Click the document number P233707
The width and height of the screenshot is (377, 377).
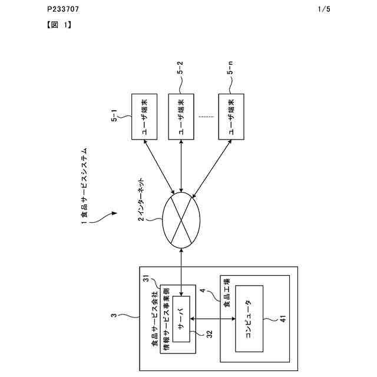(63, 9)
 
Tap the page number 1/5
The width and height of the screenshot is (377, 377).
(324, 9)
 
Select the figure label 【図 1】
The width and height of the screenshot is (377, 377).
(59, 25)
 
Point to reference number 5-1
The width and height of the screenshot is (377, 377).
(114, 115)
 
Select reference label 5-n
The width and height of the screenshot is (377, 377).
(230, 68)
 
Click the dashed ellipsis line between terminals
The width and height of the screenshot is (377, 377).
(206, 117)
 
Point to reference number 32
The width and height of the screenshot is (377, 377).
(210, 334)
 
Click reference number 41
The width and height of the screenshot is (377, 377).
(283, 319)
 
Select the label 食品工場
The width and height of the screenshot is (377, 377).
(227, 293)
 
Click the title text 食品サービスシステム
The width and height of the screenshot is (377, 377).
(84, 183)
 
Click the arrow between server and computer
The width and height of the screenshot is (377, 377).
(213, 319)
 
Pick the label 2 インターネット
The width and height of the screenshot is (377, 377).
(141, 199)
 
